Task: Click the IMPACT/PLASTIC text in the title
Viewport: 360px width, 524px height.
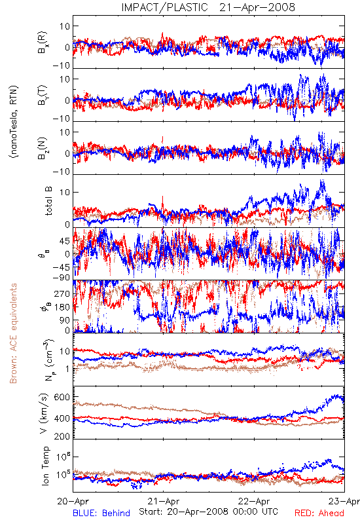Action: tap(164, 7)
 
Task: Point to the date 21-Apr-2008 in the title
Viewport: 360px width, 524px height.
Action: tap(257, 7)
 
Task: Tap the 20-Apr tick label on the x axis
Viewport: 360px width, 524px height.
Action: tap(73, 501)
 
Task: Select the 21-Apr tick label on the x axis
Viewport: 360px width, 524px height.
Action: tap(164, 501)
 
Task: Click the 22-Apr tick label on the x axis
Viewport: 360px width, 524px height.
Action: tap(254, 501)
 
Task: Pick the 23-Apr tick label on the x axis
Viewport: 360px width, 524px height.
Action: tap(344, 501)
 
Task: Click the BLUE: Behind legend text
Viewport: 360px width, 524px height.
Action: tap(101, 513)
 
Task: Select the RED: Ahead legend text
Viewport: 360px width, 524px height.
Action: tap(319, 513)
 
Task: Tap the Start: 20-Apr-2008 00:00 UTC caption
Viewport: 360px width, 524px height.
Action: tap(208, 512)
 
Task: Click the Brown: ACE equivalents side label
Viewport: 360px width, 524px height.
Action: tap(13, 333)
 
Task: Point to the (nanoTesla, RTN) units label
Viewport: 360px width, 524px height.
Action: tap(14, 122)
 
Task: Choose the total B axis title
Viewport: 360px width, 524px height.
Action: tap(48, 201)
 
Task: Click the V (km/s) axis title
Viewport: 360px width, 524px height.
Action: tap(44, 414)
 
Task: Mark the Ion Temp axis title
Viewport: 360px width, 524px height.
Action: tap(45, 466)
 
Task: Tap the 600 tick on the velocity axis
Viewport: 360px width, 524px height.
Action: tap(62, 397)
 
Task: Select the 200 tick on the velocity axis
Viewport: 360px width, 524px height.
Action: tap(62, 436)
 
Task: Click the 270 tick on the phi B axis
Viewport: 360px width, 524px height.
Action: tap(62, 293)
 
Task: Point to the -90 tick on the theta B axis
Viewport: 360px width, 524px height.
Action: tap(62, 278)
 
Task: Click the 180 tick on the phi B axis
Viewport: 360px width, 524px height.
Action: tap(62, 307)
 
